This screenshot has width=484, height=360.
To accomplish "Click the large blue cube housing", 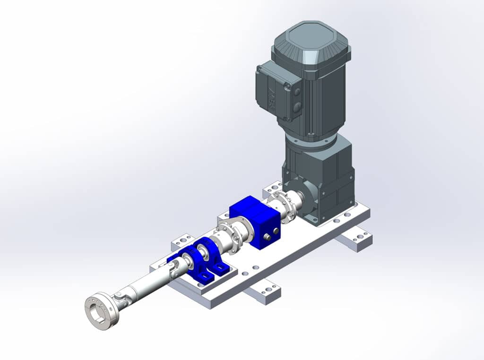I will click(x=255, y=222).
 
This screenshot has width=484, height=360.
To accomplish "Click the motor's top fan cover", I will click(x=311, y=43).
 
